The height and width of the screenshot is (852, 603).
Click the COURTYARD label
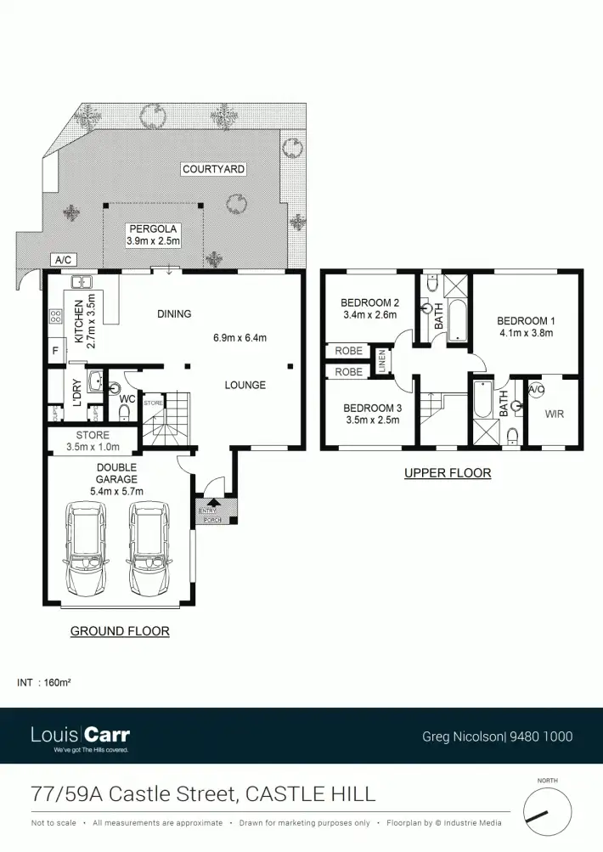213,169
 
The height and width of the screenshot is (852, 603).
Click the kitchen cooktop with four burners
56,317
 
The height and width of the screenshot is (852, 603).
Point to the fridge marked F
55,350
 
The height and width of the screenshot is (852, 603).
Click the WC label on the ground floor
127,398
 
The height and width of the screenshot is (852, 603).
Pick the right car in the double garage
147,549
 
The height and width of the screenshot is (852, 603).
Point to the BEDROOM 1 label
526,326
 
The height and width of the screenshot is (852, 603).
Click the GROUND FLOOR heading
120,631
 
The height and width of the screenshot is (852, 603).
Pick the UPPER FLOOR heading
448,473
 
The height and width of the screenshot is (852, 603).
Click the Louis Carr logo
80,736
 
